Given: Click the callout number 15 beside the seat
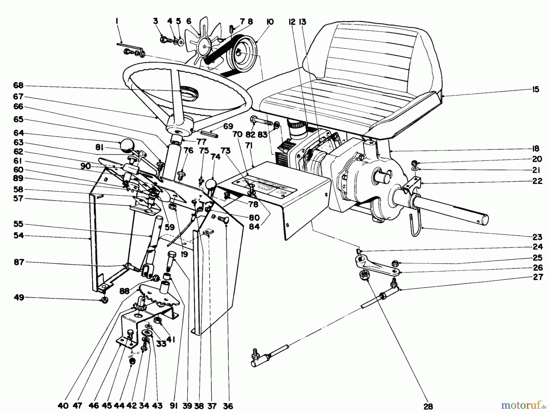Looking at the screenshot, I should [x=536, y=90].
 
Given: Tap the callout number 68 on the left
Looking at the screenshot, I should [x=18, y=86].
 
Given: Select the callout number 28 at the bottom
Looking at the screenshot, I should [x=428, y=406].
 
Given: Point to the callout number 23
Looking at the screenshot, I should [x=537, y=237].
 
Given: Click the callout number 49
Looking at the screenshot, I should [x=19, y=297].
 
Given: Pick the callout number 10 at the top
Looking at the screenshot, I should [x=270, y=22].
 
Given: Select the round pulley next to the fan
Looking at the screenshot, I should [x=244, y=51].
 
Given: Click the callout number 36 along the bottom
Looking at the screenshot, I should [x=228, y=406].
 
